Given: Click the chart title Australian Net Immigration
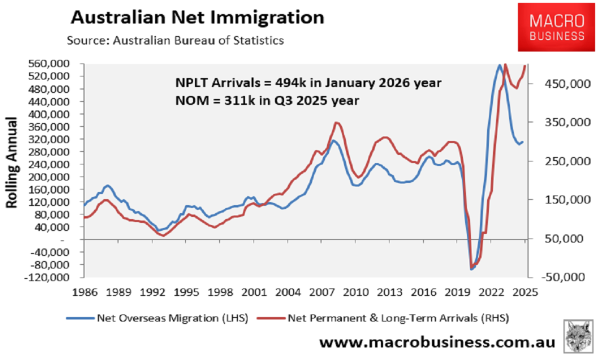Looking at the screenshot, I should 197,17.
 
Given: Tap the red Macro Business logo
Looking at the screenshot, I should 557,28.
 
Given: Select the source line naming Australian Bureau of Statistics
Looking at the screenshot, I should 175,40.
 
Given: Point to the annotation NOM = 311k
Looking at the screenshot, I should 267,100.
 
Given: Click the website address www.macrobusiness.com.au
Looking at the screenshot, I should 437,342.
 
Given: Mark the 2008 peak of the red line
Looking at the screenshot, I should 337,122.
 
